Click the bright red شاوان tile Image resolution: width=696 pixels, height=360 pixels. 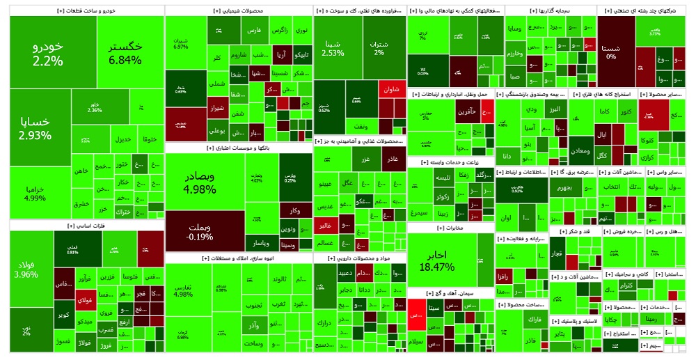[x=391, y=89]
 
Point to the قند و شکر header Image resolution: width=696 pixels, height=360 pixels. [x=575, y=230]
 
